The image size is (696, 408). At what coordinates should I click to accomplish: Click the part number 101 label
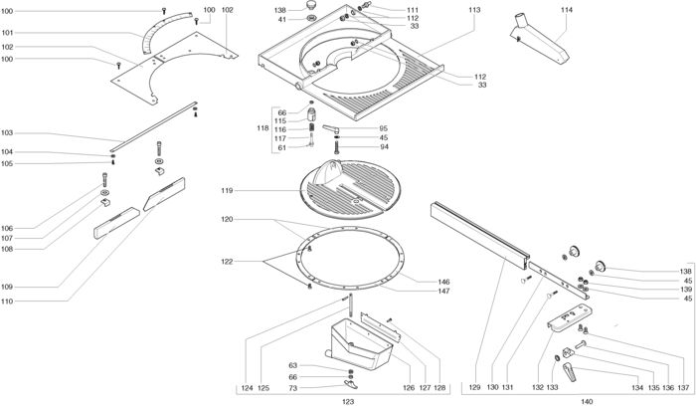tap(8, 33)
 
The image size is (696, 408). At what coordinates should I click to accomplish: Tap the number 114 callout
tap(566, 10)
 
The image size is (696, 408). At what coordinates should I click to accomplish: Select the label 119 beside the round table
tap(227, 190)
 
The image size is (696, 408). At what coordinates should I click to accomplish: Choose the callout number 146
tap(443, 282)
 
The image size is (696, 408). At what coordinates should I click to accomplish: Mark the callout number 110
tap(8, 300)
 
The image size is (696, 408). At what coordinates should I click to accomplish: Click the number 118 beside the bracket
tap(262, 129)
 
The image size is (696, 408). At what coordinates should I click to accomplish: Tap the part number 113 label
tap(473, 10)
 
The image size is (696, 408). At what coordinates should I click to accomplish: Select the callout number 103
tap(8, 132)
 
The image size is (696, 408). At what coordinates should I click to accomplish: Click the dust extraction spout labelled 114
tap(537, 40)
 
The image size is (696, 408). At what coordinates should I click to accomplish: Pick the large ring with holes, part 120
tap(353, 254)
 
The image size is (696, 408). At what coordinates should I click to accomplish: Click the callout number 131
tap(508, 386)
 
